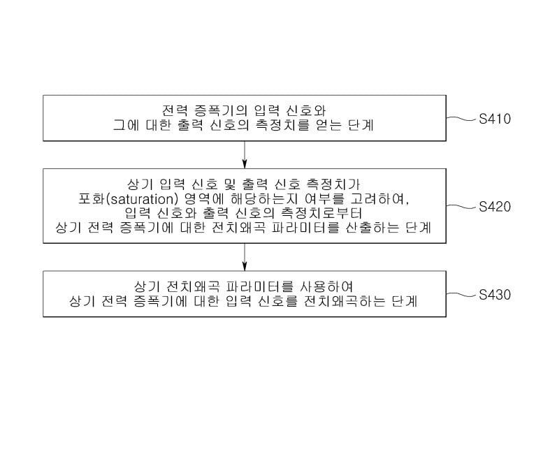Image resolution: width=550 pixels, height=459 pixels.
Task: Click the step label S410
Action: (x=495, y=119)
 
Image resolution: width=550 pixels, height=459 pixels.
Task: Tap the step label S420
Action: (x=495, y=207)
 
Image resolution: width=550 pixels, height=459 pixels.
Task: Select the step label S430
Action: (x=495, y=295)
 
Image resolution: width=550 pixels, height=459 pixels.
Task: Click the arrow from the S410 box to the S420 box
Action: (x=245, y=154)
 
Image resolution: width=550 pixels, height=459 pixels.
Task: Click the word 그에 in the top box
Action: (x=126, y=126)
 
